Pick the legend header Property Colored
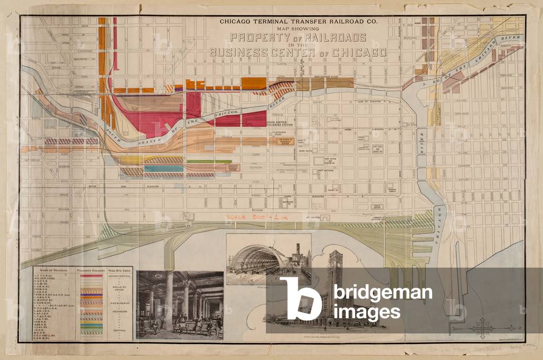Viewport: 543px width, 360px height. pyautogui.click(x=90, y=270)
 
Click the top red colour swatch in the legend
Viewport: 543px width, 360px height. pyautogui.click(x=90, y=276)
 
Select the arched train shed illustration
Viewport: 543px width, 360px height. pyautogui.click(x=260, y=260)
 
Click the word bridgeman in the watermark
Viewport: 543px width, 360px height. pyautogui.click(x=382, y=293)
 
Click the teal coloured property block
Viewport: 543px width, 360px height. pyautogui.click(x=163, y=168)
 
